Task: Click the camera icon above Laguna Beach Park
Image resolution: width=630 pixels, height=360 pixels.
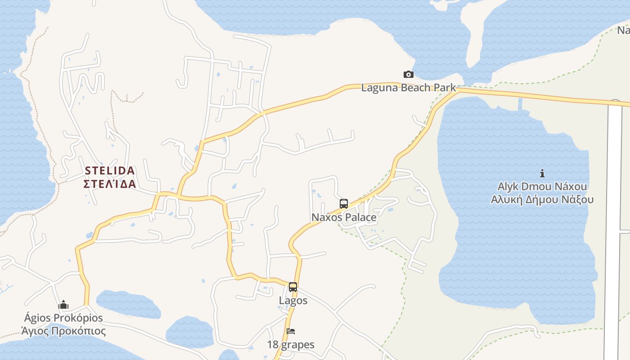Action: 408,74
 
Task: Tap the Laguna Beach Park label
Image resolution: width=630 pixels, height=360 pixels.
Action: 408,88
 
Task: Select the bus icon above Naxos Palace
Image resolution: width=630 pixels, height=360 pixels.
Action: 344,204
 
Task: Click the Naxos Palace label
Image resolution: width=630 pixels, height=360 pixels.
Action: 344,217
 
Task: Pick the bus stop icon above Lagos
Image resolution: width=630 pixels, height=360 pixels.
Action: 293,287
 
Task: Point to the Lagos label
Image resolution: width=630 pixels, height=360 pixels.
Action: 293,301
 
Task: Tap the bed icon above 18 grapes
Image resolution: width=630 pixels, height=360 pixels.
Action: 291,332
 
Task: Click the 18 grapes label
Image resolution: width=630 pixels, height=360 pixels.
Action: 291,345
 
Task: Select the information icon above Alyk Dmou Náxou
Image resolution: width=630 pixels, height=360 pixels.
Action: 542,173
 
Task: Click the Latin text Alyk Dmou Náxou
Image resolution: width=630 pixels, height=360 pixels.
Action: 542,186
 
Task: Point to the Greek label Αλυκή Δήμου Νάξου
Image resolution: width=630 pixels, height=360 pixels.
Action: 542,200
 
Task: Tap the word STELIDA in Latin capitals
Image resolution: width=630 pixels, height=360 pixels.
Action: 110,171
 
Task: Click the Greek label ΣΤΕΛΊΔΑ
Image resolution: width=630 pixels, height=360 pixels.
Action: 110,184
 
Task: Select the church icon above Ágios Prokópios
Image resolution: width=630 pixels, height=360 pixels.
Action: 63,305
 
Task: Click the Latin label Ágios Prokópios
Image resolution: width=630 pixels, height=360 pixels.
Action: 63,318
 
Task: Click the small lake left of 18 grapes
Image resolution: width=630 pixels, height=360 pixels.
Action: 189,333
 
